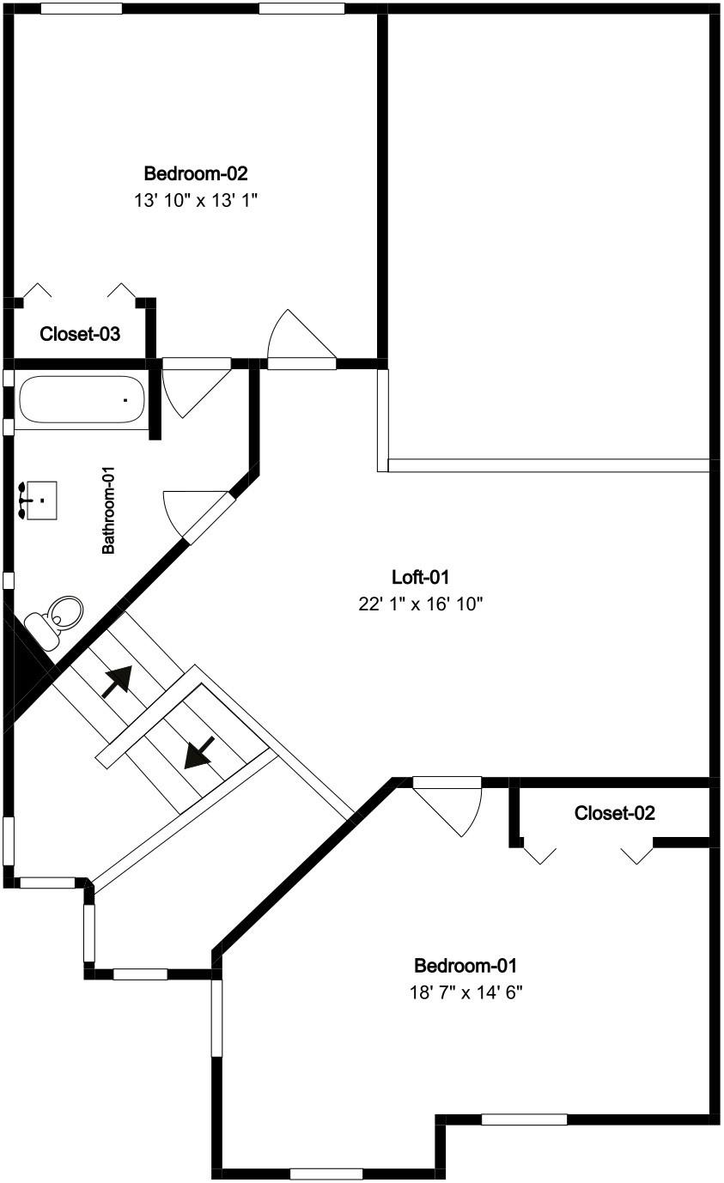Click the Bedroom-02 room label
click(x=196, y=173)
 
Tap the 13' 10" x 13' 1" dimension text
click(x=195, y=201)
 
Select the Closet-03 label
click(x=80, y=334)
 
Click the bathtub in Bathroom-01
click(x=82, y=399)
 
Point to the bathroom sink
click(x=39, y=500)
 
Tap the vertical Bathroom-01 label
click(x=108, y=510)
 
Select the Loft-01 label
click(x=420, y=577)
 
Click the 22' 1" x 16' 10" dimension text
click(x=421, y=604)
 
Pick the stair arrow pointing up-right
click(x=118, y=682)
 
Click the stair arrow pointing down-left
click(x=199, y=752)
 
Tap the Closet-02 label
click(x=615, y=813)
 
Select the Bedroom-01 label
click(x=465, y=966)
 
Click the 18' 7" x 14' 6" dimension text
click(x=466, y=993)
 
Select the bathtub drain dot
click(x=125, y=400)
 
